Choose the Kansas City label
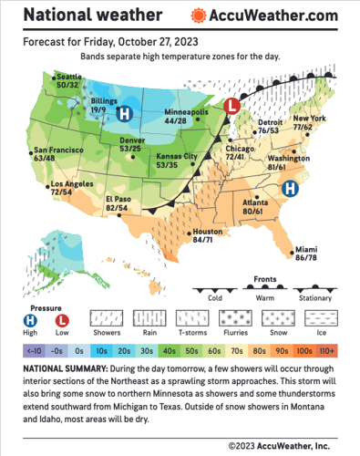(x=165, y=157)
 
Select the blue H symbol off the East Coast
(x=290, y=189)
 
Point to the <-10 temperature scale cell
(x=33, y=350)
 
